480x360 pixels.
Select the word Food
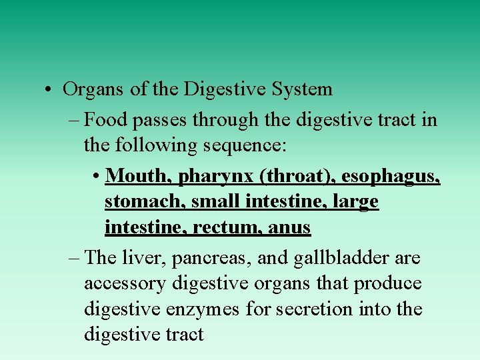pyautogui.click(x=109, y=119)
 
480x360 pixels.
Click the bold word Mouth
pyautogui.click(x=137, y=175)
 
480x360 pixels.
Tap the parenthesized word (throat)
pyautogui.click(x=297, y=176)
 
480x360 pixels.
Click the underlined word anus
pyautogui.click(x=289, y=228)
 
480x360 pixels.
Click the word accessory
pyautogui.click(x=125, y=284)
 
